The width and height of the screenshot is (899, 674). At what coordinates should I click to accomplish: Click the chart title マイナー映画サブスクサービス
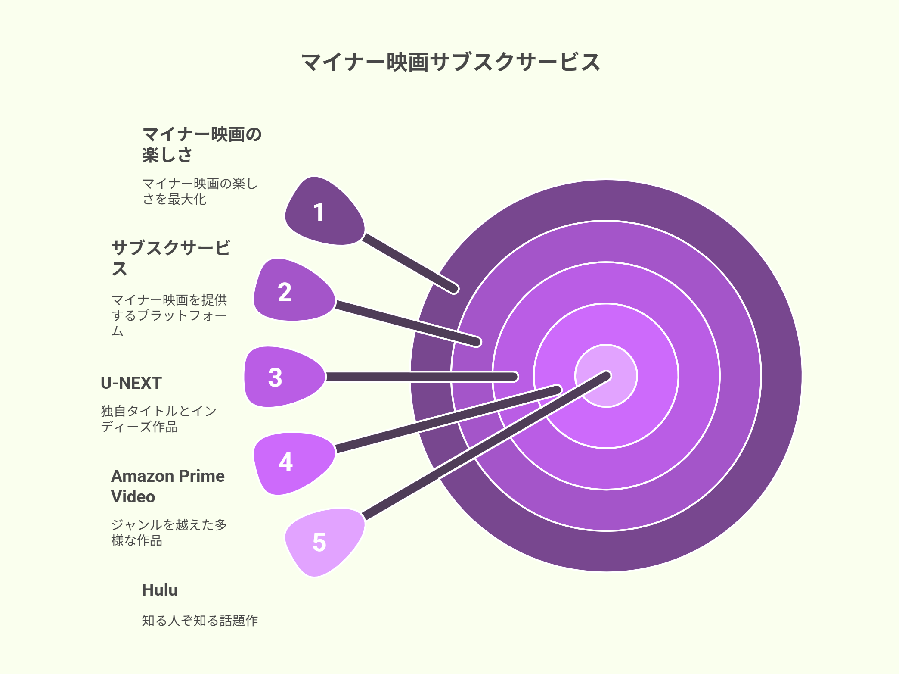tap(450, 62)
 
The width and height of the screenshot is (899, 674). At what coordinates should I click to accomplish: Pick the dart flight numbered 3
tap(284, 377)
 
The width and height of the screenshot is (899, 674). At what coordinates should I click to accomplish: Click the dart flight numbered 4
tap(294, 463)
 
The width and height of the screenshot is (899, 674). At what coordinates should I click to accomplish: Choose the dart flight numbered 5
tap(324, 542)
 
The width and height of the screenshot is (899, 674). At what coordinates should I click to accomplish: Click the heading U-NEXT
tap(131, 383)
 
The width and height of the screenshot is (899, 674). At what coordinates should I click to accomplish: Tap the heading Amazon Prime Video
tap(167, 486)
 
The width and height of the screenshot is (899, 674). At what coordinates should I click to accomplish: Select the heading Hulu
tap(160, 590)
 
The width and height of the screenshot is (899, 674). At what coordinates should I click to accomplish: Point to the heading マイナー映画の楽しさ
tap(202, 144)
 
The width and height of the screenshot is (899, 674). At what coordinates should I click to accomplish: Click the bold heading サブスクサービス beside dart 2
tap(170, 258)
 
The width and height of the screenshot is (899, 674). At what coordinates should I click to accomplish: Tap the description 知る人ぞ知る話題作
tap(200, 621)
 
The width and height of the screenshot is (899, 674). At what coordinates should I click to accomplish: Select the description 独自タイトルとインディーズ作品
tap(158, 418)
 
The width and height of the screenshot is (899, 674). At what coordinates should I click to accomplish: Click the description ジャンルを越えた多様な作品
tap(169, 532)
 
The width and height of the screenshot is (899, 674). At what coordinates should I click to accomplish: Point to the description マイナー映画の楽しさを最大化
tap(200, 191)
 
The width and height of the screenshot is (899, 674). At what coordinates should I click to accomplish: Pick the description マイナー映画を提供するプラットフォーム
tap(169, 315)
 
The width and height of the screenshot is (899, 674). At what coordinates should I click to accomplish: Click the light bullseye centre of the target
tap(606, 376)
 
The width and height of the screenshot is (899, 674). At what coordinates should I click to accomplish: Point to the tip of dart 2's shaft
tap(476, 342)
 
